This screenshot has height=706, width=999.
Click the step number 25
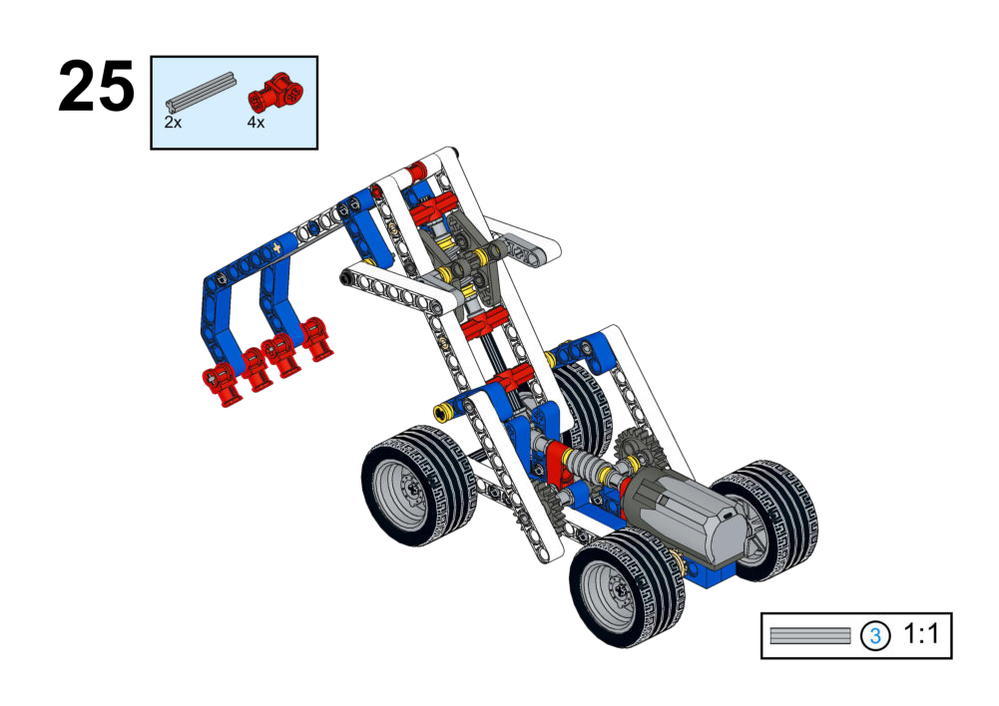[96, 86]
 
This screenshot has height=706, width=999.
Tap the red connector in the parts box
[275, 94]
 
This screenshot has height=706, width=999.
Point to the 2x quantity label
[173, 123]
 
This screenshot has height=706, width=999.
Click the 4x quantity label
[256, 123]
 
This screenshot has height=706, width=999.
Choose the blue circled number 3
[875, 635]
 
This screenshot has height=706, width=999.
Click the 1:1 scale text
[921, 634]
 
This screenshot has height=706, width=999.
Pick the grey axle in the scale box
[809, 635]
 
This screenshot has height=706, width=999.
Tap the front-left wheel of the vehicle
[418, 485]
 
